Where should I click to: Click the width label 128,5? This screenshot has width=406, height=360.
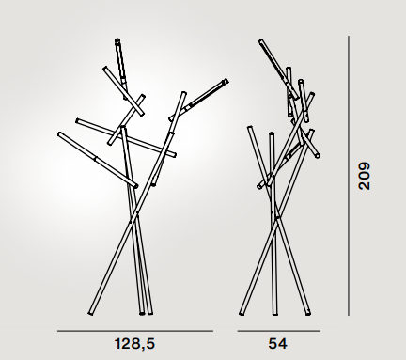134,344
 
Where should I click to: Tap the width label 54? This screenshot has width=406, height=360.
277,344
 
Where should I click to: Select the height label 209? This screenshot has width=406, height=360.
365,176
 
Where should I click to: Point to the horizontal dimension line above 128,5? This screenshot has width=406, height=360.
135,331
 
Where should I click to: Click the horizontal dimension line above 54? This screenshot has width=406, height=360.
279,331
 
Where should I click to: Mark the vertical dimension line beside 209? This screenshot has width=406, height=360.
349,176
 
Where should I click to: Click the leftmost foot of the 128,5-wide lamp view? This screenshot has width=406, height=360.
90,313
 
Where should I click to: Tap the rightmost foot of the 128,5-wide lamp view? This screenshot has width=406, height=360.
150,313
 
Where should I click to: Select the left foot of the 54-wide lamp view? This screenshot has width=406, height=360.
242,313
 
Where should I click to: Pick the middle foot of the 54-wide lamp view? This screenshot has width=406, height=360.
274,314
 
